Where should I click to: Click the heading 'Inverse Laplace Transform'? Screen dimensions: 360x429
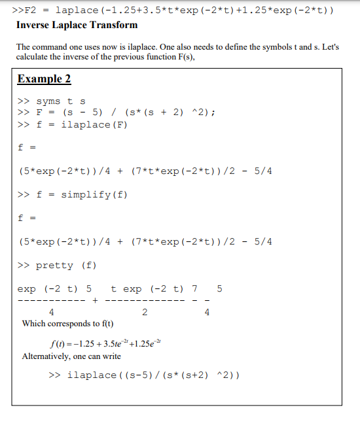(x=77, y=25)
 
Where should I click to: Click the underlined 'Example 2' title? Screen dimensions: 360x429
(x=44, y=79)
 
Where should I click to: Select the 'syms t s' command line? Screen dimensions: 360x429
(x=52, y=101)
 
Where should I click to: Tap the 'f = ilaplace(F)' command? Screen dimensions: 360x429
(x=71, y=125)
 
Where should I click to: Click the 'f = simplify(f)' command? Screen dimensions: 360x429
(x=73, y=195)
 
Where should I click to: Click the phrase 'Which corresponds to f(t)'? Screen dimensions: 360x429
(x=67, y=324)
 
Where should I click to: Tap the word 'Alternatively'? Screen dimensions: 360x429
(x=45, y=356)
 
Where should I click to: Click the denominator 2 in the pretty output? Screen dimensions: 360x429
(x=144, y=313)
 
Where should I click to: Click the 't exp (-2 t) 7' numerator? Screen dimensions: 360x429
(x=154, y=288)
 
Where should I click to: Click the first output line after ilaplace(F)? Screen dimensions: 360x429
(x=145, y=171)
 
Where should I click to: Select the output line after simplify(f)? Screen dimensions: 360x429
(x=145, y=241)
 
